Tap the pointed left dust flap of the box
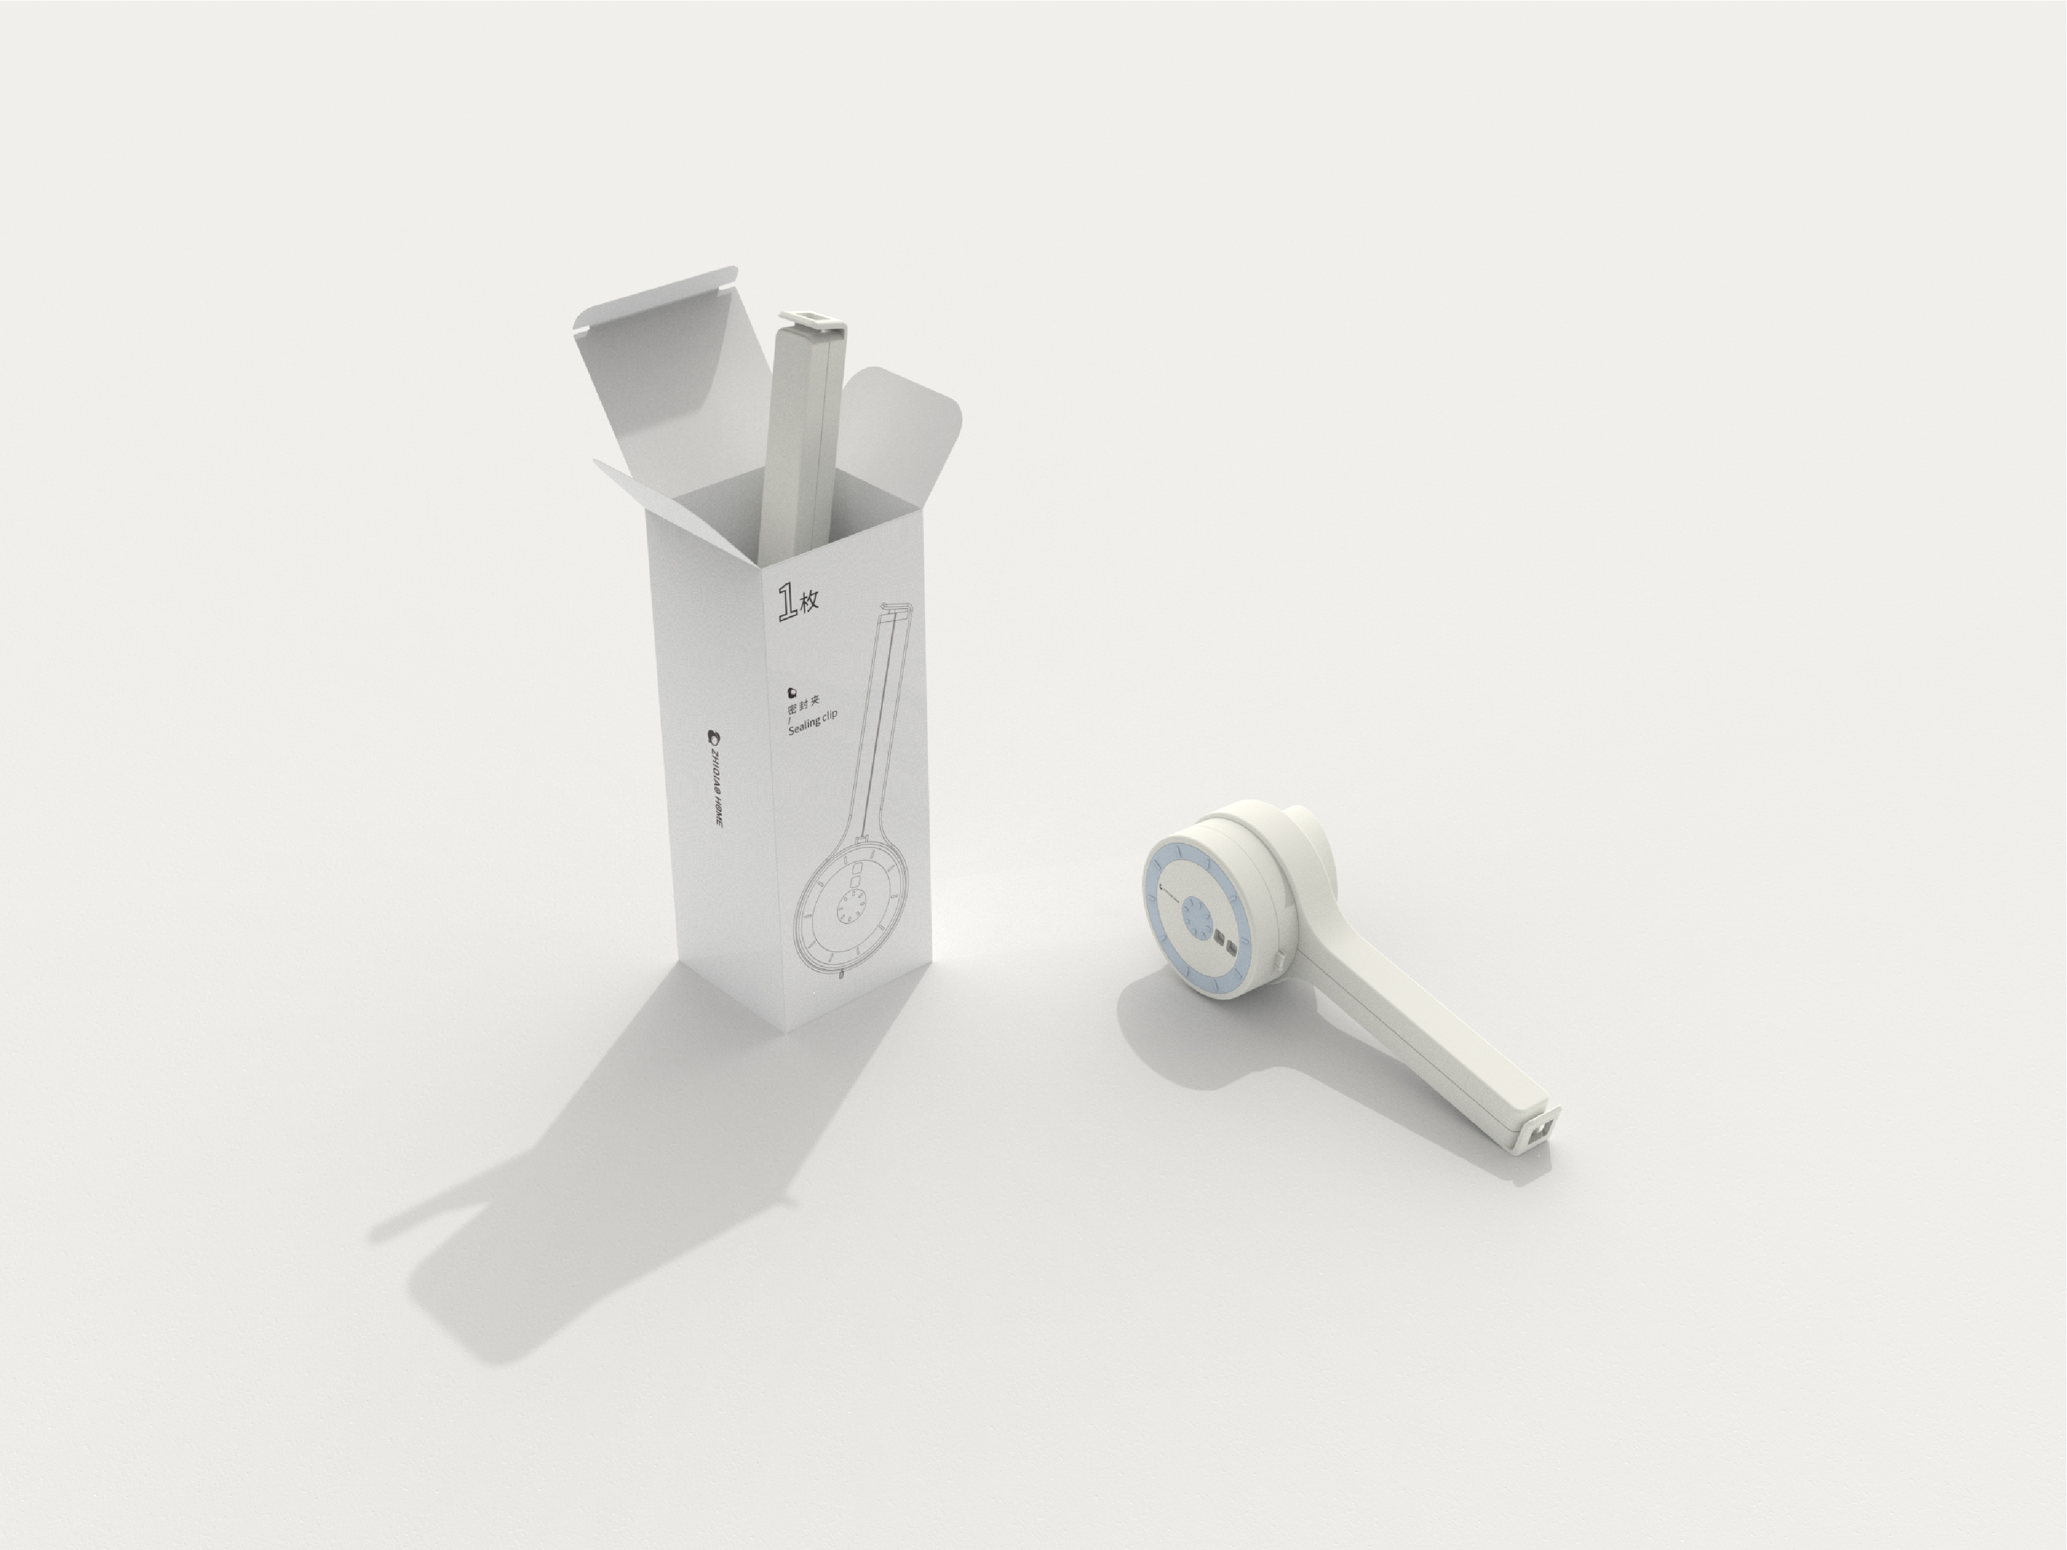[x=635, y=504]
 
